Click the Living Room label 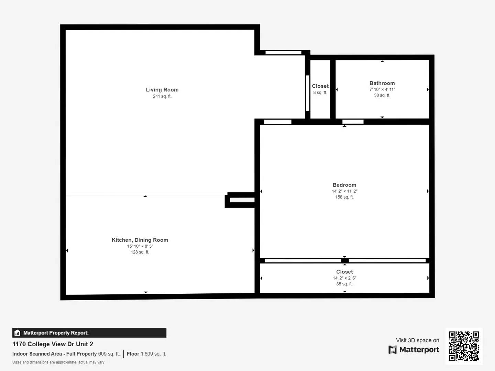pos(162,90)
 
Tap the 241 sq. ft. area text pos(162,96)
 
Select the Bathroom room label pos(382,83)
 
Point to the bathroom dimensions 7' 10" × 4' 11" pos(382,89)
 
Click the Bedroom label pos(344,185)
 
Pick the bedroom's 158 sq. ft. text pos(344,197)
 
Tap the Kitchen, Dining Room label pos(140,240)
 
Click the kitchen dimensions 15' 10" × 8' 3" pos(140,246)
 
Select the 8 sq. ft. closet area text pos(320,93)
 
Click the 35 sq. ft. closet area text pos(344,284)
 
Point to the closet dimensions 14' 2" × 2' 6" pos(344,278)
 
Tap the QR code pos(464,346)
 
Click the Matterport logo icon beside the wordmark pos(393,350)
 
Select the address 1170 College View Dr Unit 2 pos(53,344)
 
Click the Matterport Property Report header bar pos(89,333)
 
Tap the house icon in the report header pos(18,333)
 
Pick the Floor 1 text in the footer pos(135,354)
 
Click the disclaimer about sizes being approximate pos(58,362)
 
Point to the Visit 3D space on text pos(417,340)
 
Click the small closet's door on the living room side pos(308,93)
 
